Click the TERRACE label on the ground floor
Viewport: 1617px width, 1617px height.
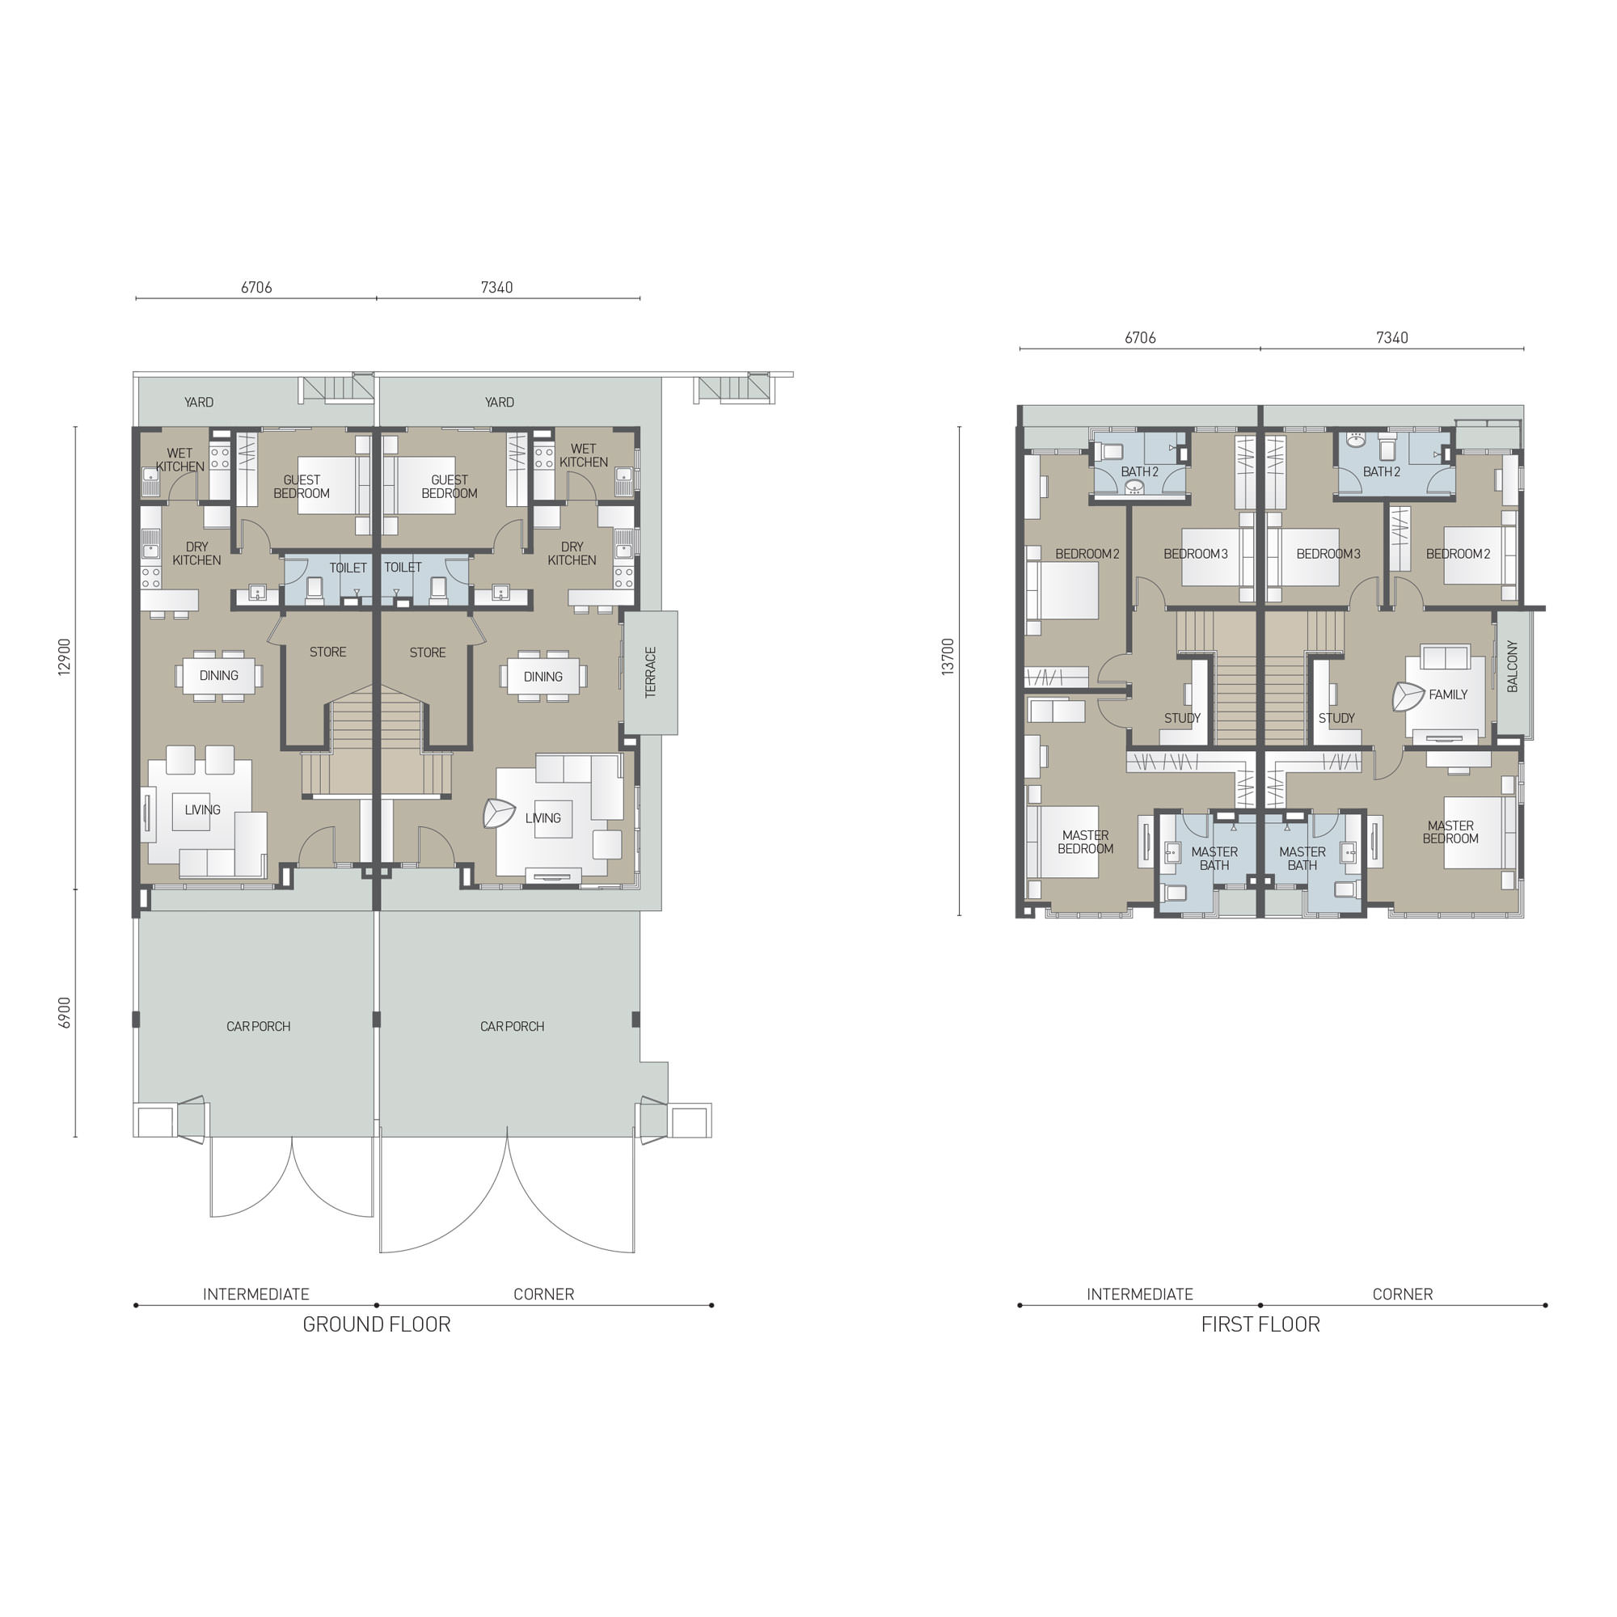coord(650,672)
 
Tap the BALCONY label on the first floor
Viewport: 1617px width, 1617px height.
coord(1512,666)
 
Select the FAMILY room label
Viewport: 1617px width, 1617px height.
coord(1448,695)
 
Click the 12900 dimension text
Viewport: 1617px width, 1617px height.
coord(65,657)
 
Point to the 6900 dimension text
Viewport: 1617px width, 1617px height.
coord(65,1013)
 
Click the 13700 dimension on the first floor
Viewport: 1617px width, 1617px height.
coord(948,657)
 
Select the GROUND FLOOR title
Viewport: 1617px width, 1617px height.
coord(377,1324)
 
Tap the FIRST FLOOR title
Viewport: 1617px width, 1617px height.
coord(1260,1324)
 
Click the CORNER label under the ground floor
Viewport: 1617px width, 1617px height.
coord(544,1294)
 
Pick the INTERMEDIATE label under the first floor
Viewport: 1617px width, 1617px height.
coord(1140,1294)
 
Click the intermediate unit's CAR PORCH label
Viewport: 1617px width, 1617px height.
coord(259,1026)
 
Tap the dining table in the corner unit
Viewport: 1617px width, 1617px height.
coord(543,676)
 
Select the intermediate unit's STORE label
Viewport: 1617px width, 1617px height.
coord(328,652)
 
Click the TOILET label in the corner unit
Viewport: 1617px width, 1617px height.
coord(403,568)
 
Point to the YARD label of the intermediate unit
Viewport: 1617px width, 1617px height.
coord(199,403)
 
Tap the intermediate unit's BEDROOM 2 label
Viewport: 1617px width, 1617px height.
coord(1087,554)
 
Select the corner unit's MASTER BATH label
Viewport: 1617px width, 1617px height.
coord(1302,859)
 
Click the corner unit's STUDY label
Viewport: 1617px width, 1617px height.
coord(1336,718)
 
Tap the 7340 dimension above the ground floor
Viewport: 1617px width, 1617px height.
coord(497,287)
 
